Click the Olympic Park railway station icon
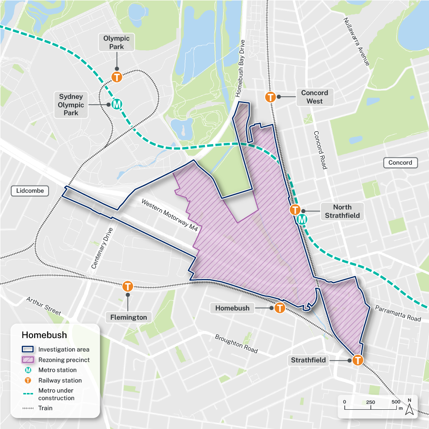[116, 77]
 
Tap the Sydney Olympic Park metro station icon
[117, 104]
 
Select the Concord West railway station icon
[271, 97]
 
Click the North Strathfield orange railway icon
[295, 210]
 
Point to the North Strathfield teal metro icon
[302, 219]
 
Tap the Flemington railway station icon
[127, 287]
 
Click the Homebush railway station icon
[279, 308]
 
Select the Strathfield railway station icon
[358, 360]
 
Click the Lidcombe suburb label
[30, 191]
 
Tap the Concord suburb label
[400, 163]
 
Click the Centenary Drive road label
[102, 248]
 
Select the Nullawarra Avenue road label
[356, 41]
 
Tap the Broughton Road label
[236, 344]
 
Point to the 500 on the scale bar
[396, 402]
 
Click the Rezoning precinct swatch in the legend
[28, 360]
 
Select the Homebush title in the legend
[44, 335]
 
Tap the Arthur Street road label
[44, 306]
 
